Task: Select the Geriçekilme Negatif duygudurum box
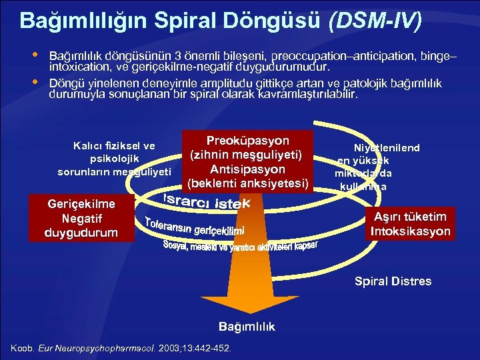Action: (x=81, y=218)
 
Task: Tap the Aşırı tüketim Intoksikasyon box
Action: (x=411, y=224)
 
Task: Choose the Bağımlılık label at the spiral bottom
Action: (x=247, y=327)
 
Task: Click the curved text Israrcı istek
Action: (x=207, y=199)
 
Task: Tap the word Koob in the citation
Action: (x=21, y=348)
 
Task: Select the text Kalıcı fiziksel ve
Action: (x=114, y=146)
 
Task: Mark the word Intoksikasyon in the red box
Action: (x=411, y=231)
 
